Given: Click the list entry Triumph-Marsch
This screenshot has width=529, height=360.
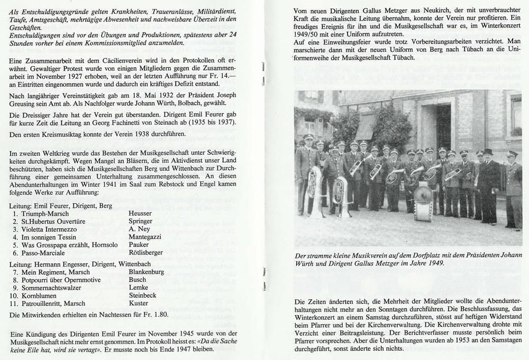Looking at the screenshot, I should [40, 213].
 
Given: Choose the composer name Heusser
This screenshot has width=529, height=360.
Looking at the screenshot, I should [141, 213].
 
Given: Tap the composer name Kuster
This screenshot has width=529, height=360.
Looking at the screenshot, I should [139, 303].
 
